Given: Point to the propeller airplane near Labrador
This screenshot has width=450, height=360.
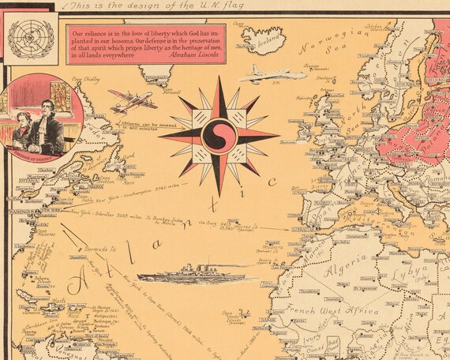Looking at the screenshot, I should pyautogui.click(x=132, y=101).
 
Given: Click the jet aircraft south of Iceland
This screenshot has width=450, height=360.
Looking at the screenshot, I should pyautogui.click(x=264, y=75).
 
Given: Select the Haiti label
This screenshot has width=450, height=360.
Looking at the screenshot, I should pyautogui.click(x=59, y=300).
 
